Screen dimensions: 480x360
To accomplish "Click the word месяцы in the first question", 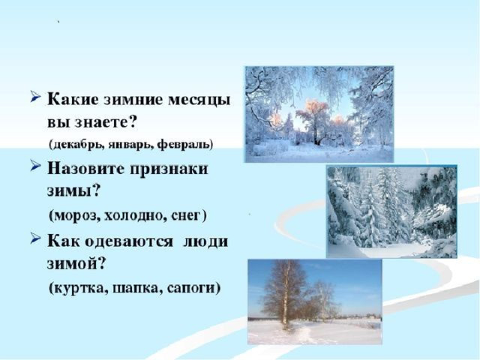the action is pyautogui.click(x=199, y=100).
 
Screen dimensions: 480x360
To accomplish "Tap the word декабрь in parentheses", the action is pyautogui.click(x=76, y=144).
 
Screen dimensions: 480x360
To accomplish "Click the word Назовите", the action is pyautogui.click(x=87, y=169).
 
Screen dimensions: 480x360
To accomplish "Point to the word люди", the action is pyautogui.click(x=205, y=241).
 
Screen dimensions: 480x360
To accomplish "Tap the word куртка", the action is pyautogui.click(x=78, y=288).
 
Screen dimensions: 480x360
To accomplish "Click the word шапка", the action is pyautogui.click(x=136, y=289).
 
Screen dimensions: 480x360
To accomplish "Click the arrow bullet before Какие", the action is pyautogui.click(x=36, y=97).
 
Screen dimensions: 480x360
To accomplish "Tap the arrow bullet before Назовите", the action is pyautogui.click(x=36, y=166).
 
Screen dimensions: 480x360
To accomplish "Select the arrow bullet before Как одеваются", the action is pyautogui.click(x=36, y=238).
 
